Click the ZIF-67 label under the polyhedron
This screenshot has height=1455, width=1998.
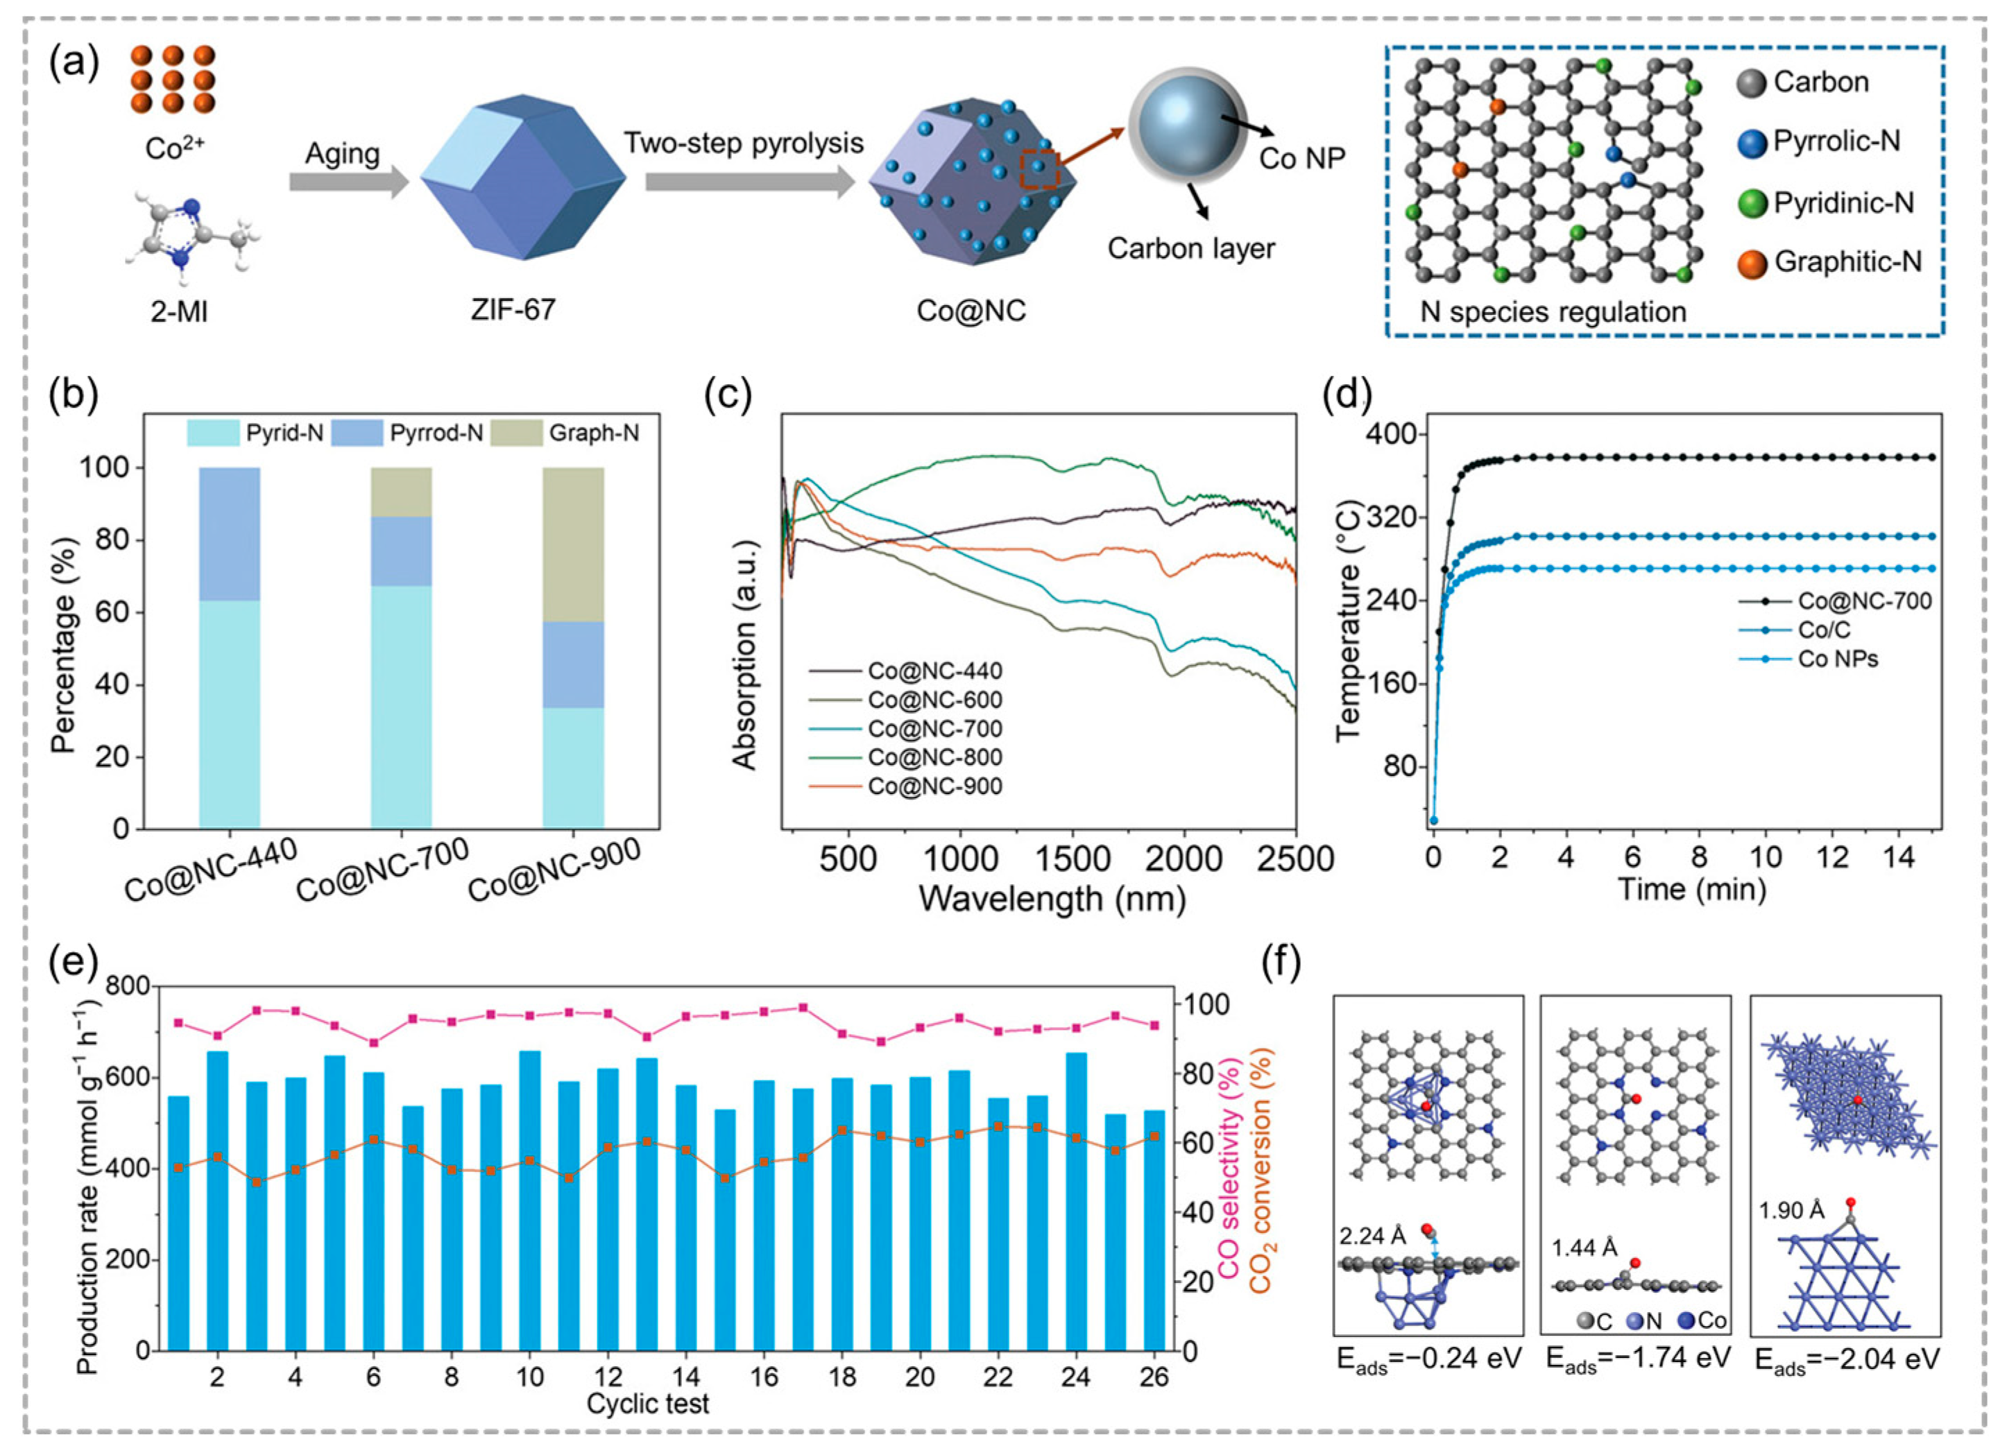pos(513,309)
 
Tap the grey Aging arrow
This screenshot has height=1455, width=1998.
pos(349,182)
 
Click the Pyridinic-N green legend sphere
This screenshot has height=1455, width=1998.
pos(1753,203)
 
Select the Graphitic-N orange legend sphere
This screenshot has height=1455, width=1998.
pos(1753,262)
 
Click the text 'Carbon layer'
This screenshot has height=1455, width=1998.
pos(1191,248)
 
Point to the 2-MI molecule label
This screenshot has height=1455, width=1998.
pos(180,311)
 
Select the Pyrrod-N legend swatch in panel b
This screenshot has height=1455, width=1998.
pos(357,433)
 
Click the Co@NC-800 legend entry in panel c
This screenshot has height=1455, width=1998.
pos(934,757)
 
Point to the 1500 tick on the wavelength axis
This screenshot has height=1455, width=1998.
pos(1071,858)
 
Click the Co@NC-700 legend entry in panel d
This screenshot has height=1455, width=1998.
pos(1864,601)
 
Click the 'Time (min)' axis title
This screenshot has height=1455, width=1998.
pos(1691,890)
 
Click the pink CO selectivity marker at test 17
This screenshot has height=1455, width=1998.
pos(803,1008)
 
